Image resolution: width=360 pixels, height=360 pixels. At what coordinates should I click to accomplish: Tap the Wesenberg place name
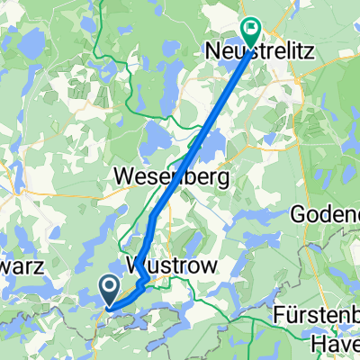174,176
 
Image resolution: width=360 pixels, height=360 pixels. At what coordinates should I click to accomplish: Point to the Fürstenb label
318,319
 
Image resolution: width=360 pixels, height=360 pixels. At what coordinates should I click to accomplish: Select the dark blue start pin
108,290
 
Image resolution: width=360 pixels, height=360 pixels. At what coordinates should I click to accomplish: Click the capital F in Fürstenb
280,319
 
